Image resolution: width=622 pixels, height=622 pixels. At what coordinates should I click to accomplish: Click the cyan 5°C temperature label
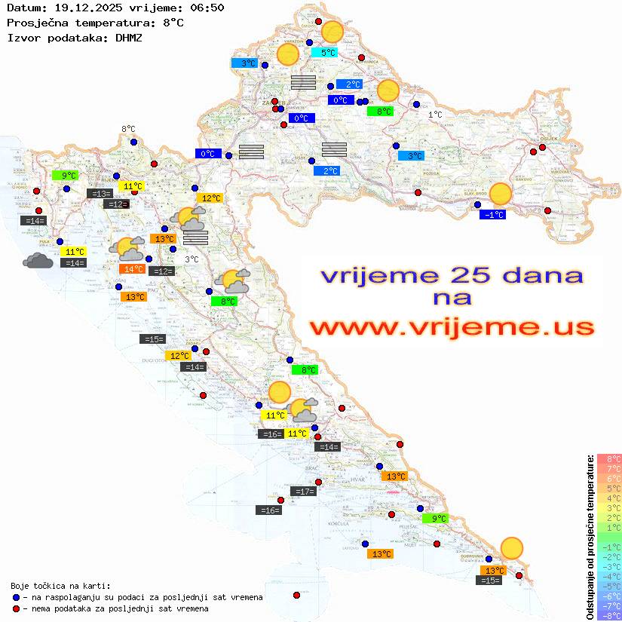(x=328, y=53)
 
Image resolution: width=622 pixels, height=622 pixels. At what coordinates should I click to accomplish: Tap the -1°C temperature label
(x=493, y=215)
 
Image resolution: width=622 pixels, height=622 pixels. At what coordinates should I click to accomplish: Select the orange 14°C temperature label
(x=133, y=269)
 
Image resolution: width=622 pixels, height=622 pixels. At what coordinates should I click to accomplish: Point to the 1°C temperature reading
(x=436, y=115)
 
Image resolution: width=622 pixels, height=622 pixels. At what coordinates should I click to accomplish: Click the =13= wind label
(x=100, y=194)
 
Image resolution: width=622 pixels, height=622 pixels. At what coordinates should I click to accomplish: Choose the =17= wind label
(x=304, y=492)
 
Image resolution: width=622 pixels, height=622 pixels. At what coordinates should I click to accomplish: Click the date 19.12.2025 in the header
(x=84, y=8)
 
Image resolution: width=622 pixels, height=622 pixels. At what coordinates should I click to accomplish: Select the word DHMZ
(x=133, y=37)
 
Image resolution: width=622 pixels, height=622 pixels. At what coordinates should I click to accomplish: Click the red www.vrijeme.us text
(x=452, y=327)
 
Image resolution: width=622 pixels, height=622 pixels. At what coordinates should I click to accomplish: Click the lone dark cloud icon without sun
(x=38, y=261)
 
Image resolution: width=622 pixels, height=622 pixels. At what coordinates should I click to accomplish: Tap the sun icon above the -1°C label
(x=500, y=194)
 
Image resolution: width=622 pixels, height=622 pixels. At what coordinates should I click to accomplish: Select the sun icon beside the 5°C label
(x=332, y=32)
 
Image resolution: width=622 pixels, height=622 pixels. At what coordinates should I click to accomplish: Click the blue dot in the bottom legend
(x=17, y=597)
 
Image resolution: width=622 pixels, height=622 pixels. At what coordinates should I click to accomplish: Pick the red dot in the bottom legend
(x=17, y=608)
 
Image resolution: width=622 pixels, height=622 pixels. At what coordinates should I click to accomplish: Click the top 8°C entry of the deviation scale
(x=608, y=458)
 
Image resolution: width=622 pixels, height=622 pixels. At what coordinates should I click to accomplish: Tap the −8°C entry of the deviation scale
(x=608, y=615)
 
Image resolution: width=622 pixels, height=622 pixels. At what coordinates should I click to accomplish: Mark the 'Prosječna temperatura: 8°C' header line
(x=95, y=23)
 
